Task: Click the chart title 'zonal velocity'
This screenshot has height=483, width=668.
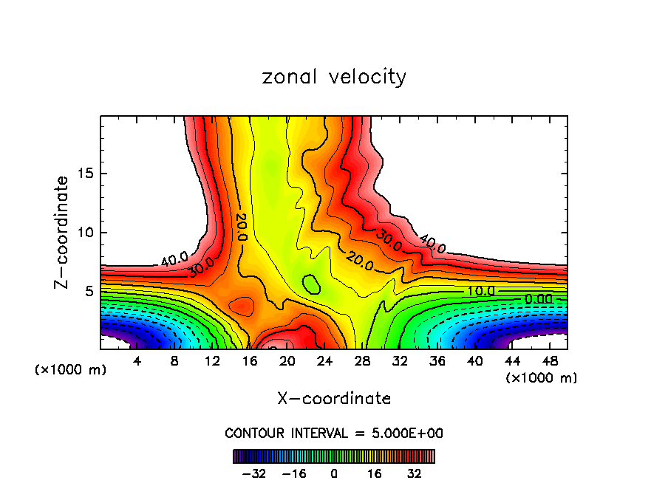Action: coord(334,77)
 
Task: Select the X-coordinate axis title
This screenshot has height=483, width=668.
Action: coord(334,399)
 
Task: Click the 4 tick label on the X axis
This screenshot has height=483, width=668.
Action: coord(137,362)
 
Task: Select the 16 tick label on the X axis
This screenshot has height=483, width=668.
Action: coord(249,362)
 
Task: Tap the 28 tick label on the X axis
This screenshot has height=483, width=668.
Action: coord(362,362)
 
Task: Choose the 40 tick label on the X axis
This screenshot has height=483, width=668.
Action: coord(474,362)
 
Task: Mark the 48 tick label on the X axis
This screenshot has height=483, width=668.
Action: coord(550,362)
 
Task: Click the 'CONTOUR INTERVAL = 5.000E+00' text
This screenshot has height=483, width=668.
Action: coord(334,433)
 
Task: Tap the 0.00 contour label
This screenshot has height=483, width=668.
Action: coord(537,299)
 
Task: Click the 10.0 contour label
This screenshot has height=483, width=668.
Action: coord(480,292)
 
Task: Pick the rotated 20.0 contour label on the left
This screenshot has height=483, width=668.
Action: coord(241,227)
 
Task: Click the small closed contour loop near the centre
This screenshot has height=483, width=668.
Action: coord(311,284)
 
